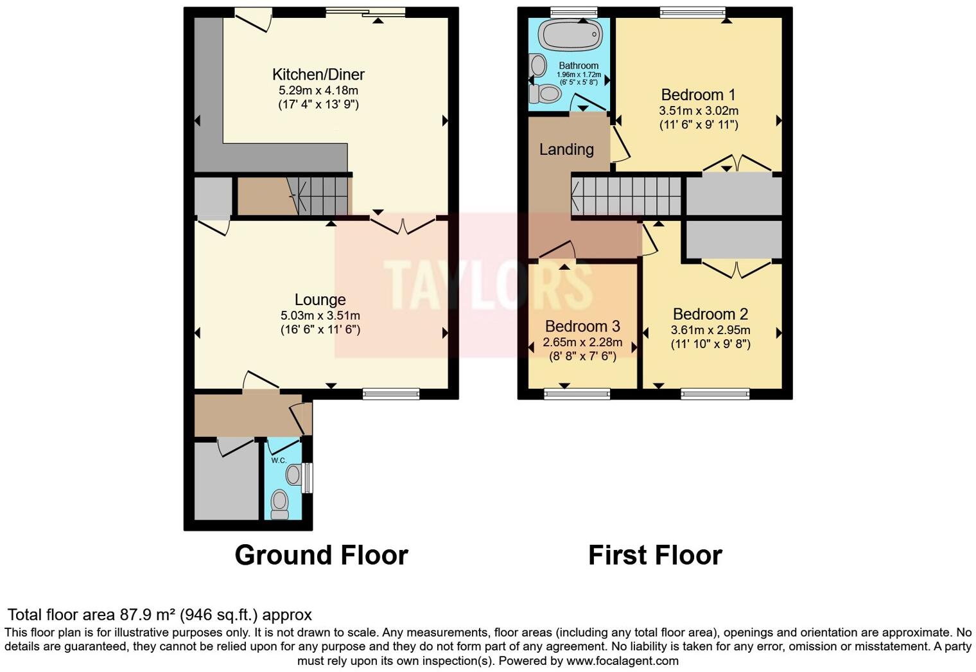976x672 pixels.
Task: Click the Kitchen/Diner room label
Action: (x=318, y=75)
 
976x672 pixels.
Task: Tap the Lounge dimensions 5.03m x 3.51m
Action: (x=320, y=315)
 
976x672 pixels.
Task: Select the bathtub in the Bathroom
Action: (x=570, y=34)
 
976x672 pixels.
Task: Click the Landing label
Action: (x=566, y=150)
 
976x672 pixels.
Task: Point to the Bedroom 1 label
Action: (x=698, y=95)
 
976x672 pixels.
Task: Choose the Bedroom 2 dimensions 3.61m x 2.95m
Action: (x=710, y=330)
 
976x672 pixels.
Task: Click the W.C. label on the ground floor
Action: (x=278, y=461)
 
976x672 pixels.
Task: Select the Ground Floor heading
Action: (x=321, y=555)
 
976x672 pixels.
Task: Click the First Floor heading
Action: (x=655, y=555)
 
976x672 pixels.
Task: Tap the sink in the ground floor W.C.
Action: (x=293, y=475)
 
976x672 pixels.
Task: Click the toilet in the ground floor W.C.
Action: (x=279, y=503)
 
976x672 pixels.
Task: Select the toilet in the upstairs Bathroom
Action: (x=544, y=94)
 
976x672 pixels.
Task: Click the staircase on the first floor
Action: (x=626, y=196)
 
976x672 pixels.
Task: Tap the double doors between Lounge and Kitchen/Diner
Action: (x=403, y=225)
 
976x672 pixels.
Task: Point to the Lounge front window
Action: (x=391, y=394)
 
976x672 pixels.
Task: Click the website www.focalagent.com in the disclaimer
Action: (x=622, y=660)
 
